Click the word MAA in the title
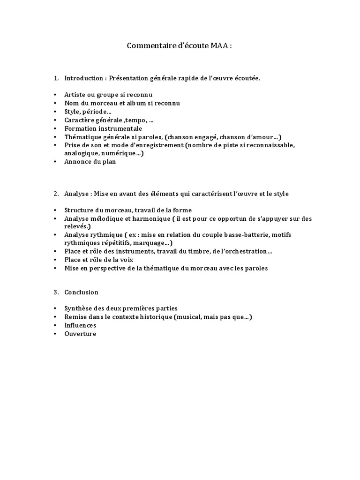tap(217, 46)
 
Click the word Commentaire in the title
tap(150, 46)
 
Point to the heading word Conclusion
tap(82, 292)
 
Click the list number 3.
tap(55, 292)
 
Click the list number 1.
tap(55, 78)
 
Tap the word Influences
tap(81, 325)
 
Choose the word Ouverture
tap(80, 334)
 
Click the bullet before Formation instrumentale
tap(55, 128)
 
